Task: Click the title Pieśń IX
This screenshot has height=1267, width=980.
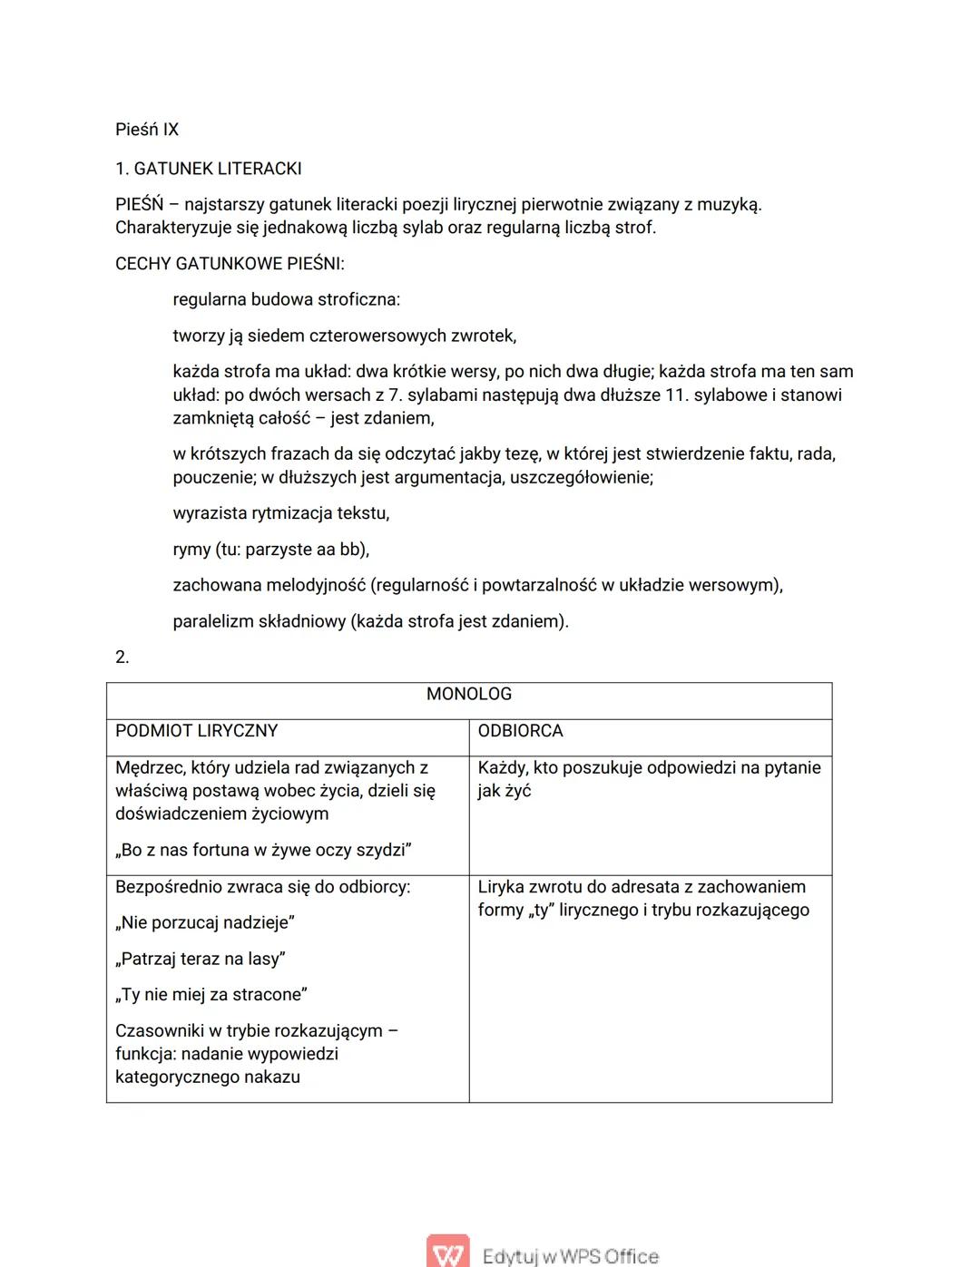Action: click(147, 130)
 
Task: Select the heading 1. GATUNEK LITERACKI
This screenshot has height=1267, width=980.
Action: click(208, 169)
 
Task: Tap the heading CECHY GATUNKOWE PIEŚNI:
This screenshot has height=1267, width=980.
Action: click(230, 264)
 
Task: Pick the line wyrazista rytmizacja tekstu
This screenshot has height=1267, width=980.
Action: click(281, 513)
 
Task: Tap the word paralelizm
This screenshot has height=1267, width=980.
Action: click(212, 621)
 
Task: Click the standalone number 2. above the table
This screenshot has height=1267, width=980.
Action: click(122, 657)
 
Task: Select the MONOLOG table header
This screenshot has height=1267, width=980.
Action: click(469, 694)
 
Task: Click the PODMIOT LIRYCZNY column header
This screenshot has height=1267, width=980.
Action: click(196, 731)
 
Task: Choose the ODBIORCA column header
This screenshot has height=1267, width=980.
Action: click(521, 731)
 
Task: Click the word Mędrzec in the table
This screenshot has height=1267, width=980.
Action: click(149, 767)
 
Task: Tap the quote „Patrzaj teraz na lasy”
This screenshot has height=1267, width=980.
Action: click(201, 959)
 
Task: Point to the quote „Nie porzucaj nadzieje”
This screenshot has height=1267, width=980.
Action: click(204, 922)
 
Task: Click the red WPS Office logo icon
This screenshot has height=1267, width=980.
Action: click(447, 1252)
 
